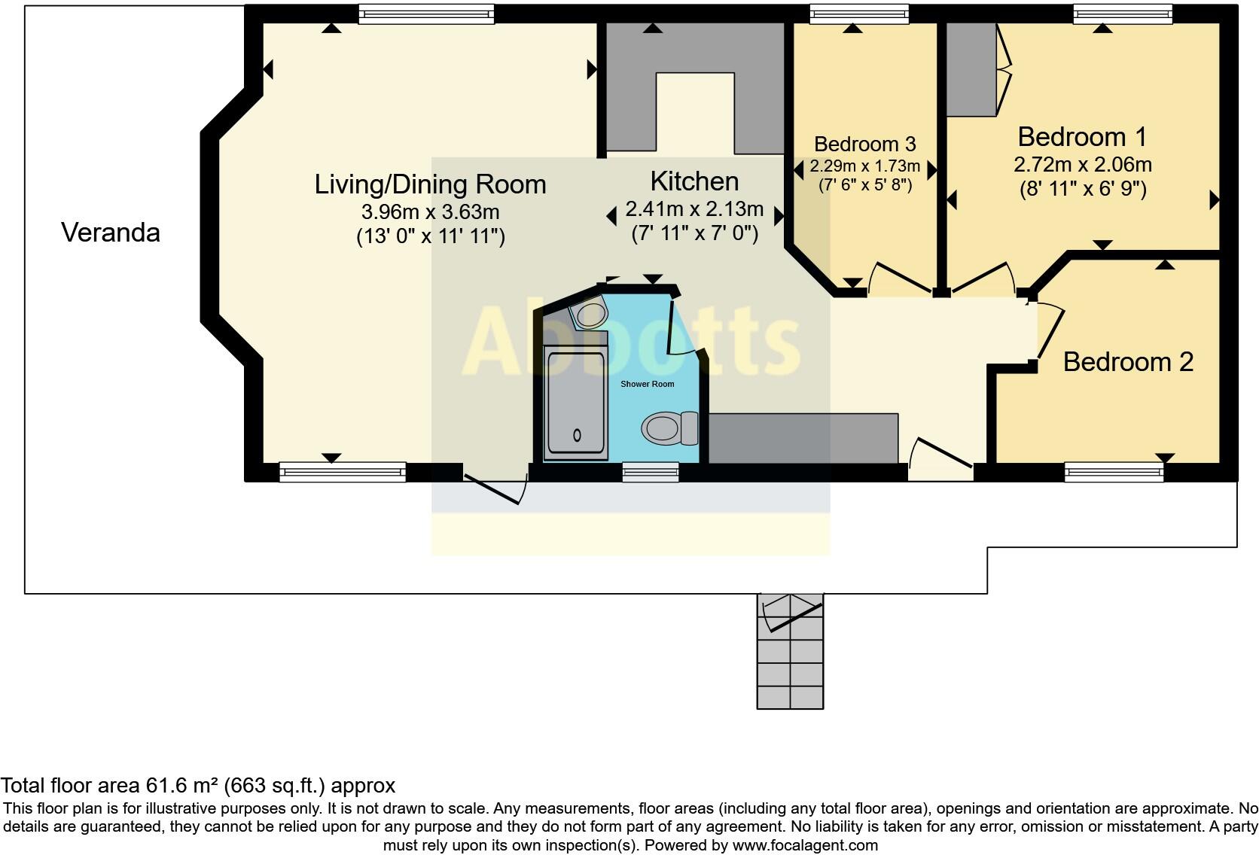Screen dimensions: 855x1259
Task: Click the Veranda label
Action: tap(111, 233)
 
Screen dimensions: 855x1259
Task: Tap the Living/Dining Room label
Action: tap(430, 184)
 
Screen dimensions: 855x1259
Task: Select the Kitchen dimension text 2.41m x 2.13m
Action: tap(694, 209)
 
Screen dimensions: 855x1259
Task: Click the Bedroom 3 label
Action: tap(865, 144)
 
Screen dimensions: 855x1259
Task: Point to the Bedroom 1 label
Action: tap(1082, 137)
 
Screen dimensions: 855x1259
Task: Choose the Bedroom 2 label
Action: tap(1128, 362)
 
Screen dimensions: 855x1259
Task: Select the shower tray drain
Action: tap(578, 435)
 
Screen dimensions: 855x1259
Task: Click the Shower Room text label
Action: tap(647, 384)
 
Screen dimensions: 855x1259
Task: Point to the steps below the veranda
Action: tap(790, 652)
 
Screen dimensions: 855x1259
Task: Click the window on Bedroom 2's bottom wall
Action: tap(1114, 473)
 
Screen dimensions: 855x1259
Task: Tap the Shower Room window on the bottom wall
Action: tap(651, 473)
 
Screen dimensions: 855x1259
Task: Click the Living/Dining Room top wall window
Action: tap(425, 14)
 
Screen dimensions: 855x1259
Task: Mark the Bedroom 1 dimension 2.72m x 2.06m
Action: tap(1082, 164)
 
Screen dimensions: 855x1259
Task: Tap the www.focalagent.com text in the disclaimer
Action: tap(804, 845)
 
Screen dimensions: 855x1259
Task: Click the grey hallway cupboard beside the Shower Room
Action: tap(803, 438)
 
